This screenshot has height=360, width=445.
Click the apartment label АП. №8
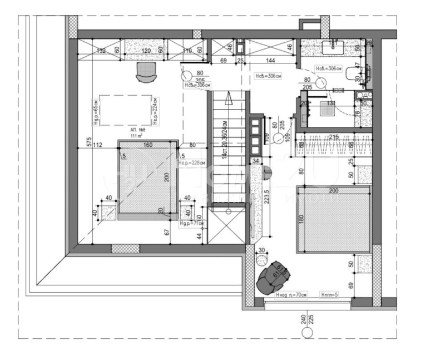(x=138, y=129)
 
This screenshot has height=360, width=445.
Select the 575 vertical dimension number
(x=89, y=142)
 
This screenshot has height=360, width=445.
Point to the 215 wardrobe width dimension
(x=334, y=136)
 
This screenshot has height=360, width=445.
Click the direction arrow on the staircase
(x=228, y=99)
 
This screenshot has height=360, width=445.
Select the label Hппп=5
(x=329, y=294)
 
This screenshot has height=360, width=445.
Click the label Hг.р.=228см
(x=191, y=163)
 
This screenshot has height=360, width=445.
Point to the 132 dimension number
(x=101, y=51)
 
